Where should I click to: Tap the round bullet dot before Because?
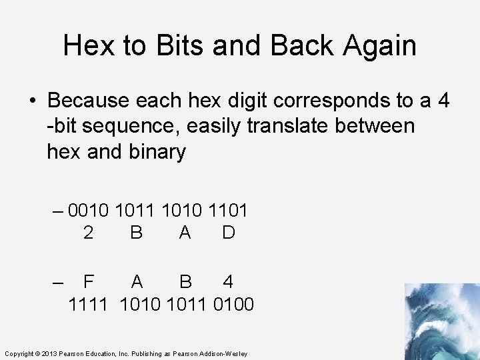coord(33,101)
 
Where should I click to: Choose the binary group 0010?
coord(89,211)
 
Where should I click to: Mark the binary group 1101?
coord(228,211)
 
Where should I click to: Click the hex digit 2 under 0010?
coord(88,233)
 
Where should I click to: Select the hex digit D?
coord(228,233)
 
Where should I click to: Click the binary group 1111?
coord(89,305)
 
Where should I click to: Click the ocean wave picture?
coord(441,321)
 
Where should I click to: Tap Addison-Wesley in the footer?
coord(226,353)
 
